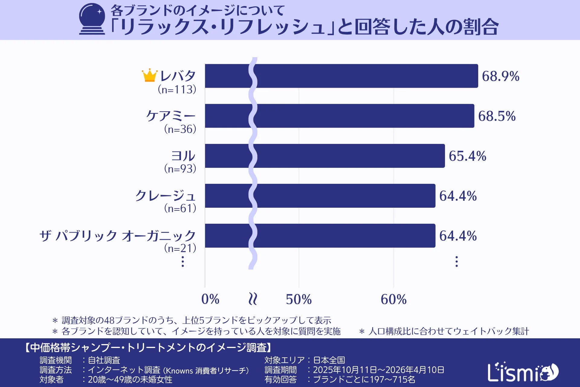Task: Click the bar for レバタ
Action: coord(341,76)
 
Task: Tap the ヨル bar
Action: coord(325,156)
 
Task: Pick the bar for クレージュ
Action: coord(320,196)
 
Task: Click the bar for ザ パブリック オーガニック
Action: coord(320,236)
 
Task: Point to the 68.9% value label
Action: coord(500,76)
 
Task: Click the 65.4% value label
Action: coord(467,156)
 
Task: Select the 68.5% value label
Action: coord(497,116)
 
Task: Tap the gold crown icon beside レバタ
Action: coord(150,75)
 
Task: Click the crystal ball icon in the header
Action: coord(92,19)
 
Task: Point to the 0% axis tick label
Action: coord(210,299)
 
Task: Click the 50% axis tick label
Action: coord(298,299)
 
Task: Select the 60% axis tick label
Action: coord(393,299)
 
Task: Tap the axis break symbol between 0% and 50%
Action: coord(253,299)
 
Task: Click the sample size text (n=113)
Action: coord(177,89)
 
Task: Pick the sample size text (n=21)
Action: coord(180,248)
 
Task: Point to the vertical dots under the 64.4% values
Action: coord(456,262)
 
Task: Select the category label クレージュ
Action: coord(165,196)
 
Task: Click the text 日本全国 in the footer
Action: coord(329,360)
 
